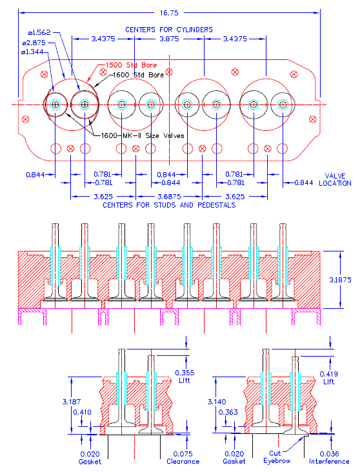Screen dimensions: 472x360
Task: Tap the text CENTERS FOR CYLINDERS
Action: (x=169, y=30)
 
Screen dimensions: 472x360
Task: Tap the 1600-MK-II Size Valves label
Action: (x=142, y=135)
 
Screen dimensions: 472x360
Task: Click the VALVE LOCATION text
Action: (x=335, y=179)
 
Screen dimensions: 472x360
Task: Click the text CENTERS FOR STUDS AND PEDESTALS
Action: (x=169, y=205)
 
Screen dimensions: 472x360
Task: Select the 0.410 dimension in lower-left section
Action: (x=82, y=412)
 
